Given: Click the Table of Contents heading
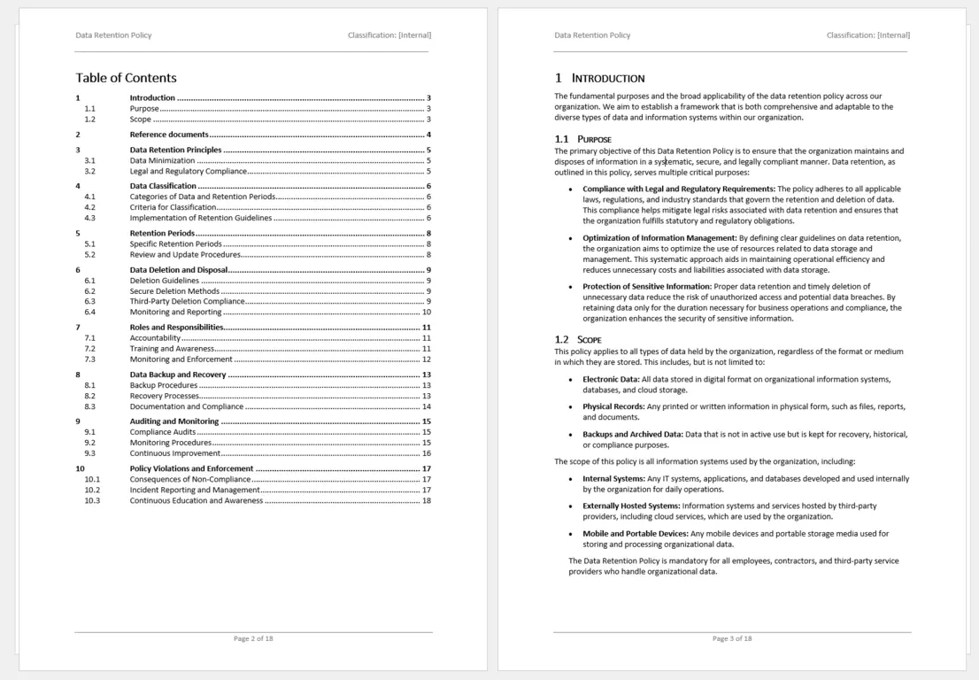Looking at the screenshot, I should (x=126, y=78).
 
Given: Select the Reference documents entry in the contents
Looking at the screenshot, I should (x=169, y=135).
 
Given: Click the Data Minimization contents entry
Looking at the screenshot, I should (x=162, y=160).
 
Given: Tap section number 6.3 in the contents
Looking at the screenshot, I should (x=89, y=301).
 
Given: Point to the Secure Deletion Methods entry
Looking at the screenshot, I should (x=174, y=290).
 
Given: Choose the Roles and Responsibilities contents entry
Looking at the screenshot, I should (x=176, y=328).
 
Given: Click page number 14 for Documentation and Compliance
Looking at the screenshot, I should (x=427, y=406).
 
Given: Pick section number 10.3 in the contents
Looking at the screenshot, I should (x=92, y=500).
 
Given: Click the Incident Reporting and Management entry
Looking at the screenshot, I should (x=195, y=490).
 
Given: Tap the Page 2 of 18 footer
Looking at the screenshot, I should (x=253, y=638).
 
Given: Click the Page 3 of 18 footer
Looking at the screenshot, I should (x=732, y=638).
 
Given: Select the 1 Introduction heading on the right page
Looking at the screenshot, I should (x=599, y=78).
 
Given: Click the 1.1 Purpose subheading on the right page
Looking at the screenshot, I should (x=582, y=139).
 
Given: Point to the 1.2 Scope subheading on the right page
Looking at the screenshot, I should (x=578, y=339).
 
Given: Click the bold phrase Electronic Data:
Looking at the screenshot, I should (x=611, y=379).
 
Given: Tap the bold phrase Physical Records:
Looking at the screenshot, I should (x=613, y=406).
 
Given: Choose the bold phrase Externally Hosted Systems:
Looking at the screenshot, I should (x=631, y=506).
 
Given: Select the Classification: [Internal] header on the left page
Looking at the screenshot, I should (x=389, y=35).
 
